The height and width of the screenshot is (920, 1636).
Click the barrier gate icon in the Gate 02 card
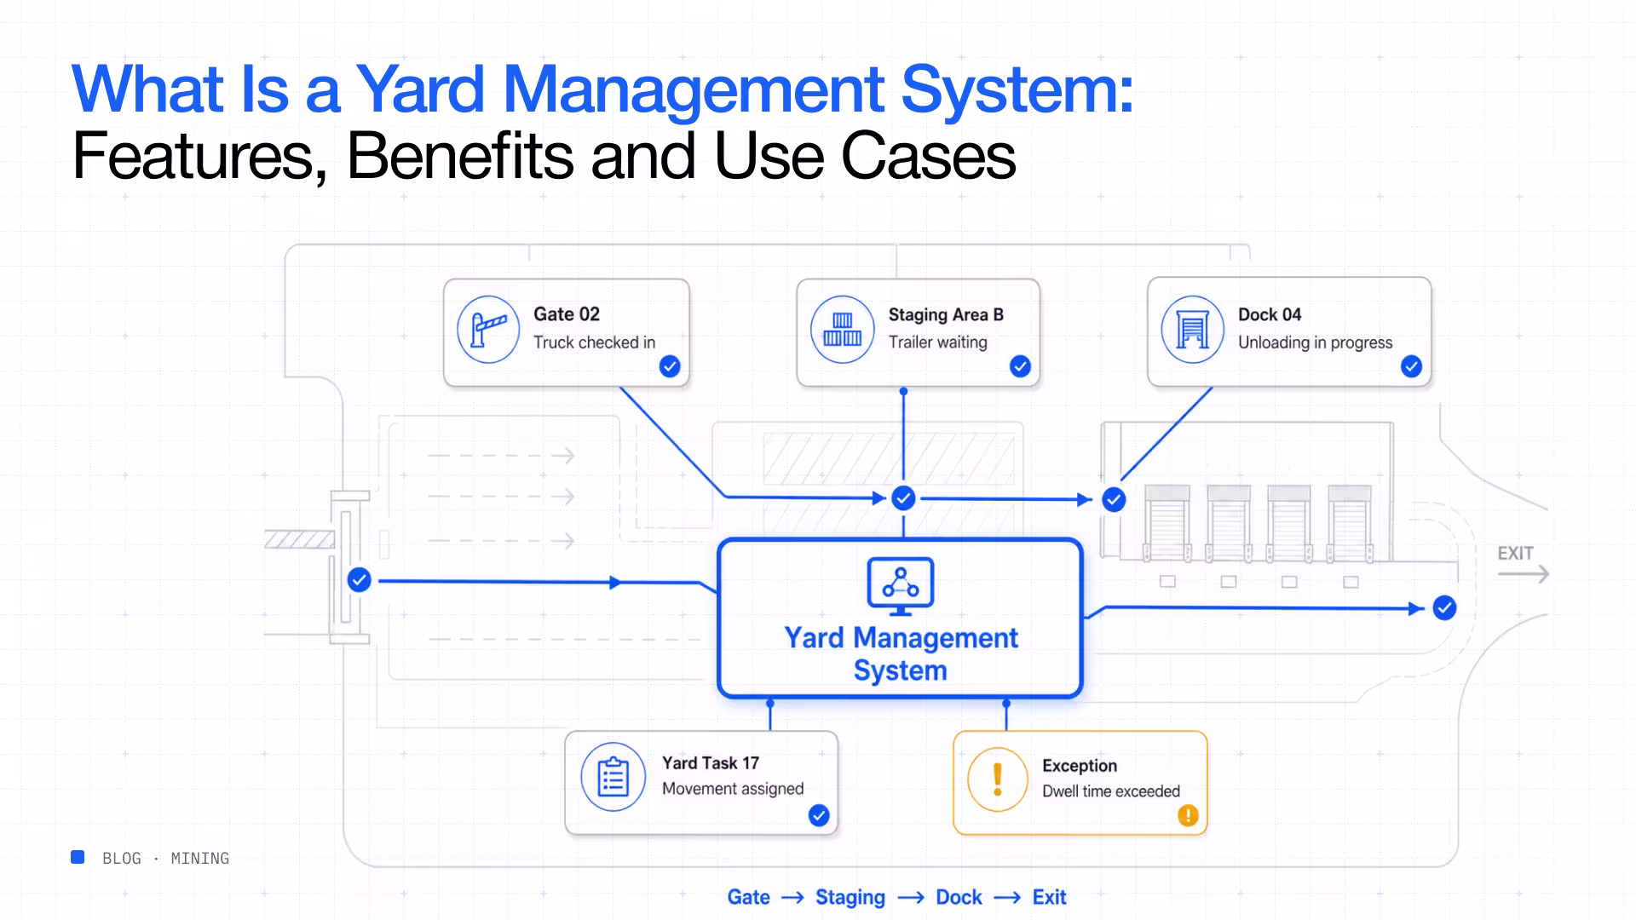tap(488, 330)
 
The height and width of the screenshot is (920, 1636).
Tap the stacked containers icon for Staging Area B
tap(842, 330)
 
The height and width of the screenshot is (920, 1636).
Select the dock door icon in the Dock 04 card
tap(1192, 330)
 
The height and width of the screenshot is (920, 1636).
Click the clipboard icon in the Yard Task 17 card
tap(613, 777)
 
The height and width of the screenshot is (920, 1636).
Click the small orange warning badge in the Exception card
tap(1188, 816)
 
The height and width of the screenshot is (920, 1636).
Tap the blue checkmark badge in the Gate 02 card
tap(670, 366)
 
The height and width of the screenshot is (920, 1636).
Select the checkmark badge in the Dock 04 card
tap(1411, 366)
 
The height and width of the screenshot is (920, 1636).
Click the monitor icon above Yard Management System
tap(901, 586)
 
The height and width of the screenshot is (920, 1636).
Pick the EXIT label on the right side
tap(1515, 554)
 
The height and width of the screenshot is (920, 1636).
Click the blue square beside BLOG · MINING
tap(78, 857)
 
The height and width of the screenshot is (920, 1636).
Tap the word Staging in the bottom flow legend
tap(850, 898)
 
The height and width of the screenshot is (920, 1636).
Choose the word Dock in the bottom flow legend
tap(959, 897)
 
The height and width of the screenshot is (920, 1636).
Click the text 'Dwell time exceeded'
tap(1111, 791)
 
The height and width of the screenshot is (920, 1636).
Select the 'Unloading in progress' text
tap(1315, 342)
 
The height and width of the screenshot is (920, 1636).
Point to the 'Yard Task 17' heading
tap(711, 763)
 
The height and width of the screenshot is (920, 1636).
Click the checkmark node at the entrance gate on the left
tap(360, 580)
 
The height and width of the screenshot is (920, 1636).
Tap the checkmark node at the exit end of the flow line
tap(1444, 608)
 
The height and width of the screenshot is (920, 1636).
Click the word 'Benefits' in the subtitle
tap(460, 156)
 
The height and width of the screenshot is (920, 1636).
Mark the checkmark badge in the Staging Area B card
tap(1020, 366)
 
